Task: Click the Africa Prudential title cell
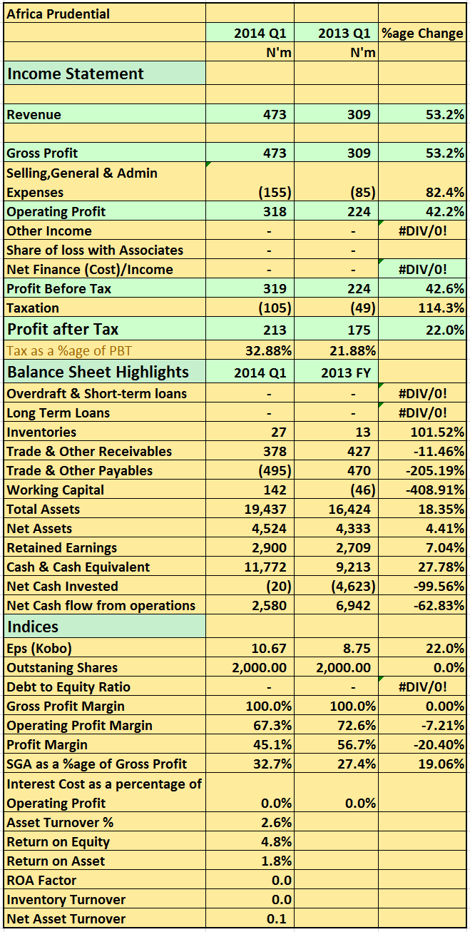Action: (x=58, y=14)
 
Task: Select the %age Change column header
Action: (x=422, y=33)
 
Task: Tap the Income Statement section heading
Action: (x=76, y=74)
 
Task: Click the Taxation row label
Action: (x=33, y=308)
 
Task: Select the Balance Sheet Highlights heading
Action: (x=98, y=372)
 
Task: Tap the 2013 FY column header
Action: (x=345, y=372)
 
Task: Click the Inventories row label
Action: (x=41, y=432)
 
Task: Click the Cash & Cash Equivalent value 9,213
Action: (x=352, y=567)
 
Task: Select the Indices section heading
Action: (x=33, y=627)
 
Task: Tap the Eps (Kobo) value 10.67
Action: (x=269, y=648)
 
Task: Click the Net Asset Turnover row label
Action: (x=66, y=918)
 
